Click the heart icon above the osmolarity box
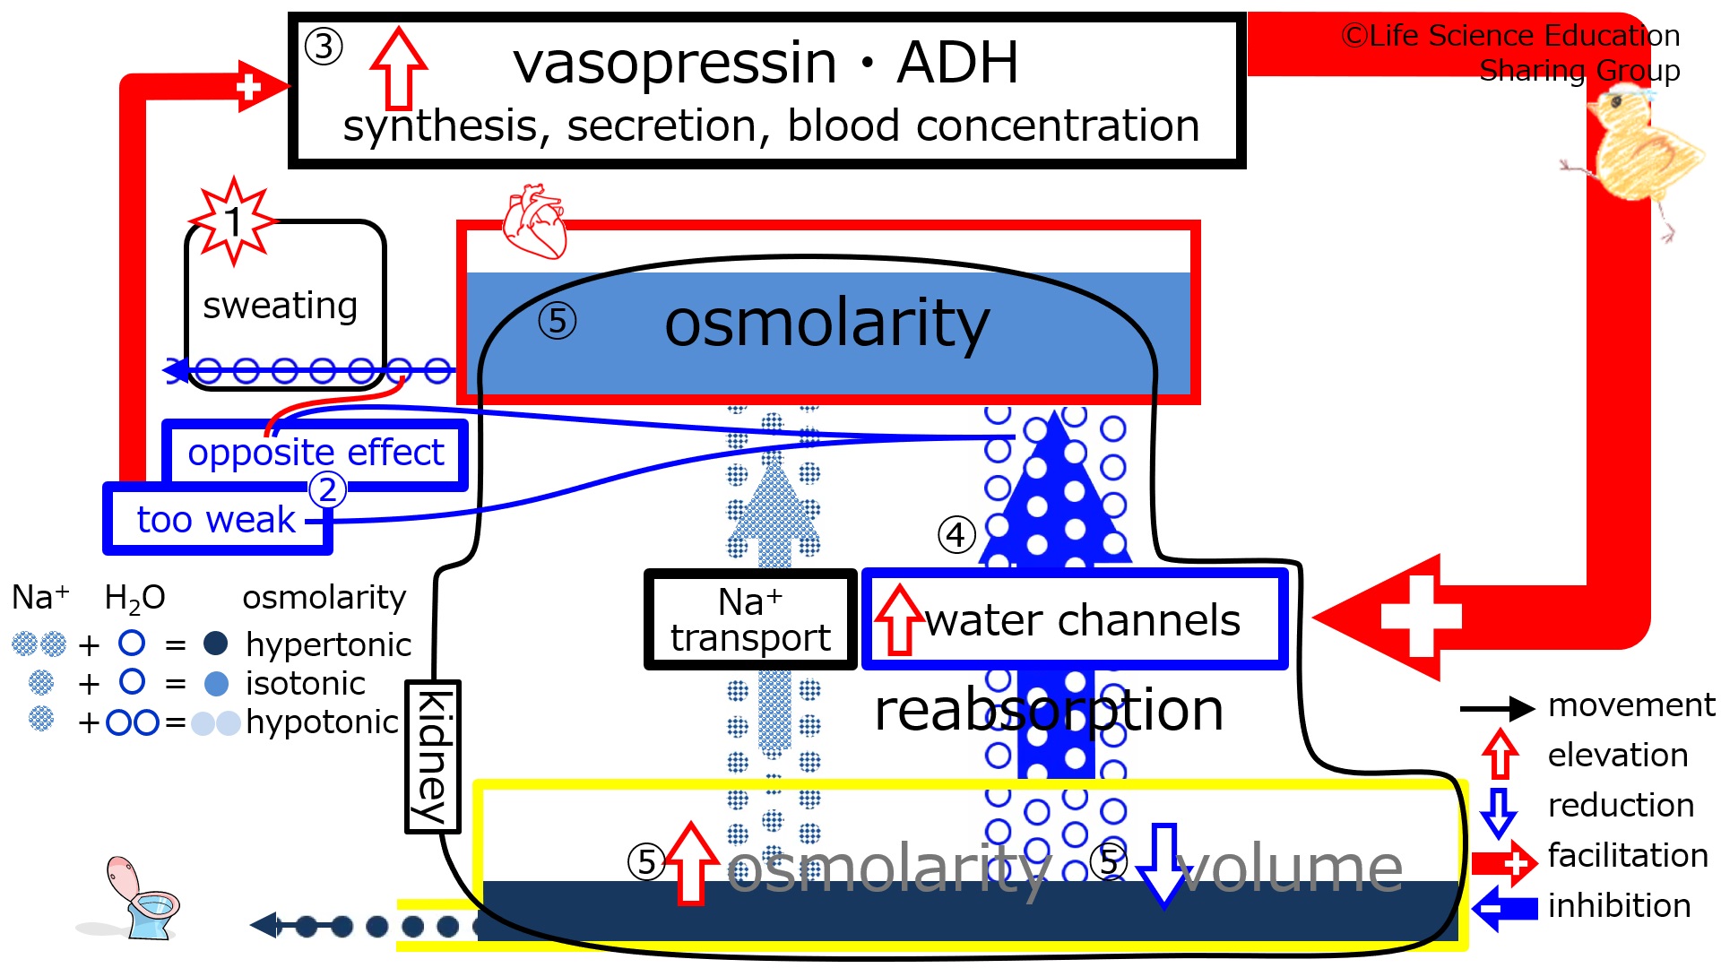coord(535,221)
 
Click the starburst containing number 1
coord(233,220)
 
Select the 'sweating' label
coord(281,306)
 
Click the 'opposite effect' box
coord(316,454)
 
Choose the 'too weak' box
coord(218,519)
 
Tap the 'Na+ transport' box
coord(750,619)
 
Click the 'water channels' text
coord(1083,620)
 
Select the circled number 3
coord(324,47)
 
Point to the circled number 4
coord(956,535)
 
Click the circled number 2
coord(327,489)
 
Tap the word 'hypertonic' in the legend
coord(328,644)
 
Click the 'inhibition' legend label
coord(1619,905)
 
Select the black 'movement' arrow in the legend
coord(1497,709)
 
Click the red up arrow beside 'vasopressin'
coord(399,68)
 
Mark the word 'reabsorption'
coord(1049,711)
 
